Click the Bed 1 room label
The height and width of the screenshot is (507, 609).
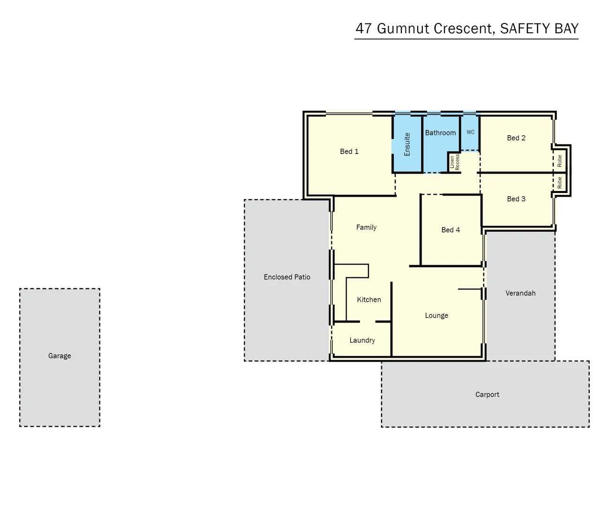(x=349, y=152)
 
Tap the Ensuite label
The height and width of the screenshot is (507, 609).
(x=407, y=145)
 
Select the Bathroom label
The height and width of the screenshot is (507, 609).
(x=440, y=133)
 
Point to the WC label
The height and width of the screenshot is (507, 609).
(x=471, y=132)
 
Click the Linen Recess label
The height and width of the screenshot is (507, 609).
(x=455, y=162)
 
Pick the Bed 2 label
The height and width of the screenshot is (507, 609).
(x=516, y=138)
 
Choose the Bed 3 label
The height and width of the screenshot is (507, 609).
(x=516, y=199)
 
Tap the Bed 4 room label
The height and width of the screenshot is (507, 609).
(x=451, y=230)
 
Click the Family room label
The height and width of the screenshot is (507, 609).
(x=366, y=227)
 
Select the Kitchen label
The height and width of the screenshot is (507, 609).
(x=369, y=300)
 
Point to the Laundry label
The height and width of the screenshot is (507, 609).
(x=362, y=340)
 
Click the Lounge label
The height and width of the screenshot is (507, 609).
(x=436, y=315)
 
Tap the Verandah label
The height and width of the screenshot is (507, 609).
(x=520, y=293)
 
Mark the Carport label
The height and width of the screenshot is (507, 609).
(x=487, y=395)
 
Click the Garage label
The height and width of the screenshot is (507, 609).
(x=60, y=356)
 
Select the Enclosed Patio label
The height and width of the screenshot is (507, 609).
(x=287, y=277)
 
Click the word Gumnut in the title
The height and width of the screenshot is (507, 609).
(x=403, y=29)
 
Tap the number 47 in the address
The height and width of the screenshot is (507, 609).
(x=364, y=29)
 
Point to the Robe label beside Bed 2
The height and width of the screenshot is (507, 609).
(x=560, y=161)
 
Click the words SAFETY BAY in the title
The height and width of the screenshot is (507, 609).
(x=539, y=29)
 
